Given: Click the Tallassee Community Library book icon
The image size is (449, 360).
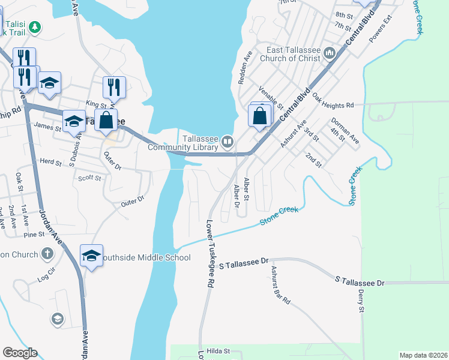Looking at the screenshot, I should (x=228, y=142).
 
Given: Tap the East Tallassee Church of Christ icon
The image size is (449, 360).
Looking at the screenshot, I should (x=329, y=54).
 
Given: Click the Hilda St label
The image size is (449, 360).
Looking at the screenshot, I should (x=218, y=351).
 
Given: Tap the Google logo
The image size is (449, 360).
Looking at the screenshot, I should (x=20, y=353).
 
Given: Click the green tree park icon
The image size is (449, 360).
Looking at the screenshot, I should (x=35, y=27).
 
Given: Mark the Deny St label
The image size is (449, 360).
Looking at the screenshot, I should (x=361, y=301).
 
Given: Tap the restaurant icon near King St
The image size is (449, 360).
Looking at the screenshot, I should (x=113, y=87).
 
